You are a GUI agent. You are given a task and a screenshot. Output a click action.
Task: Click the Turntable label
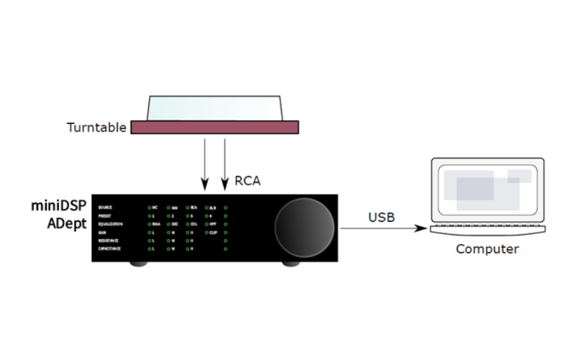96,128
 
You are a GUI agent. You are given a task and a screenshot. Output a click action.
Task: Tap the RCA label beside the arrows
248,181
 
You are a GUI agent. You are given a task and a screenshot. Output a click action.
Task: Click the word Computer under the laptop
487,249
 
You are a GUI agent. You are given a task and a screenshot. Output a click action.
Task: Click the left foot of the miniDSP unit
137,264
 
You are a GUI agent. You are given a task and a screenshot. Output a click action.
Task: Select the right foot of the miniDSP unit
292,264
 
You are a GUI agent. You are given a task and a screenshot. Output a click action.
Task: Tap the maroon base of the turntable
215,127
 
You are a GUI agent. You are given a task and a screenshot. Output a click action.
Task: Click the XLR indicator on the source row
213,207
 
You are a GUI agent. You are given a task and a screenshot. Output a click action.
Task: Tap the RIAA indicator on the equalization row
158,224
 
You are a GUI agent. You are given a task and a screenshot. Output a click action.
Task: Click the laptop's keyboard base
486,229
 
